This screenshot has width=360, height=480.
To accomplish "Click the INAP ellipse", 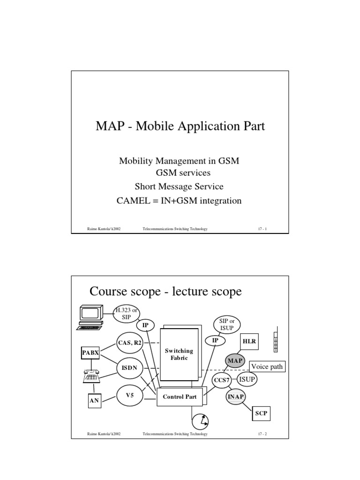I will pyautogui.click(x=236, y=397).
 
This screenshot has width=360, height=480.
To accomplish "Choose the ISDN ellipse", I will pyautogui.click(x=129, y=368).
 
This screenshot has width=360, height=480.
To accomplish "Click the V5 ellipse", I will pyautogui.click(x=130, y=395).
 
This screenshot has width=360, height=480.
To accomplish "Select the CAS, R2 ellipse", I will pyautogui.click(x=129, y=343).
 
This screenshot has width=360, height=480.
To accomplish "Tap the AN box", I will pyautogui.click(x=94, y=401).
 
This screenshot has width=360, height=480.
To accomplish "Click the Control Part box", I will pyautogui.click(x=180, y=397).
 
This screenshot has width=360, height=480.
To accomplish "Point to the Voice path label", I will pyautogui.click(x=267, y=367).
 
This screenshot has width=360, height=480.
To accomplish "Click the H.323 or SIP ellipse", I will pyautogui.click(x=128, y=312).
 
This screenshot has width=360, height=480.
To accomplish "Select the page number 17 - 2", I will pyautogui.click(x=262, y=435).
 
